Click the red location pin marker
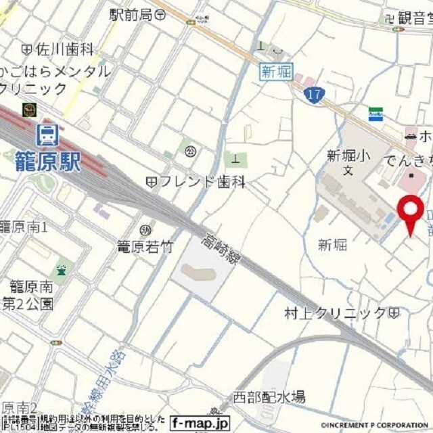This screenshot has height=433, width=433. point(410,211)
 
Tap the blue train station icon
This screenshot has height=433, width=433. point(47,135)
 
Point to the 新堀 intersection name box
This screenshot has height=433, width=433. point(276,72)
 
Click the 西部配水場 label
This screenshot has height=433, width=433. point(269,397)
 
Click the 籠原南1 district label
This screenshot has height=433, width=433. point(24,227)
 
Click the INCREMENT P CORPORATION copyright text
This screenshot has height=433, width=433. point(371,426)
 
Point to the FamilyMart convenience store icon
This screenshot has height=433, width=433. point(375,114)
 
